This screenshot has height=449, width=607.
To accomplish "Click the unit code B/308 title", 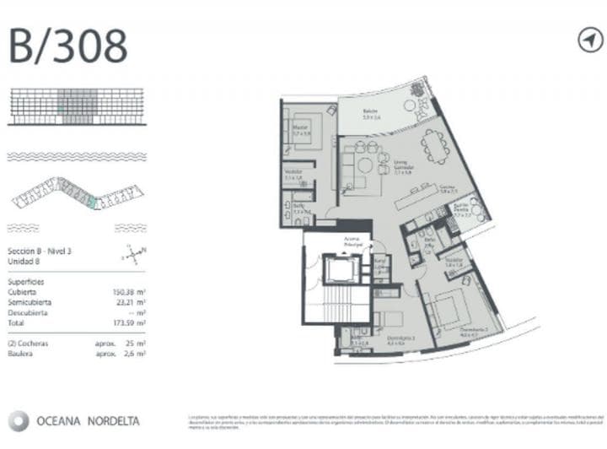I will [68, 46].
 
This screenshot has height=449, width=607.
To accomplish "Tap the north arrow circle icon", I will [590, 41].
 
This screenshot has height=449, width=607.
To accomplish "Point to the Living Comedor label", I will [390, 168].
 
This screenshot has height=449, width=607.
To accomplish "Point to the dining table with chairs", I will [436, 145].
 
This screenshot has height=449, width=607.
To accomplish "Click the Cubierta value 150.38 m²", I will [129, 292].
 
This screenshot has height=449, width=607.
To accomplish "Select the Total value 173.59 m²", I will [129, 322].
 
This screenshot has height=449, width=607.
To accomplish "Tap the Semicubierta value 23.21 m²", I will [129, 302].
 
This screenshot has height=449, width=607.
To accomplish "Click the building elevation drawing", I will [77, 107].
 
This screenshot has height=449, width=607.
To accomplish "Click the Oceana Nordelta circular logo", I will [18, 420].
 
